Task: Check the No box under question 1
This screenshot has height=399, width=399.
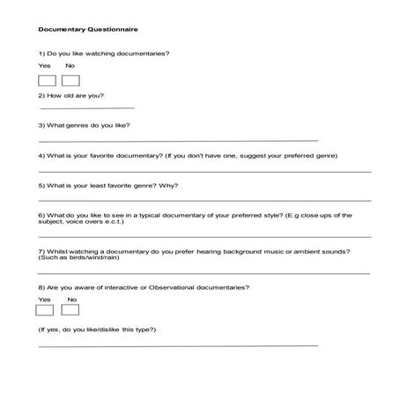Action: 70,81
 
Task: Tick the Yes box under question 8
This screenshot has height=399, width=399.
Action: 45,310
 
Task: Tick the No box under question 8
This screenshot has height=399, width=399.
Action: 70,310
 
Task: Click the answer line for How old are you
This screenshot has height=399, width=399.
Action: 87,108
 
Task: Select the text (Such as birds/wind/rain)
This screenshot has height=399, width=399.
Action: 79,257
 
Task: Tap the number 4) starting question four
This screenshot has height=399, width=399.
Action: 41,156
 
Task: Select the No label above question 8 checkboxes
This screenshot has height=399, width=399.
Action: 71,299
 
